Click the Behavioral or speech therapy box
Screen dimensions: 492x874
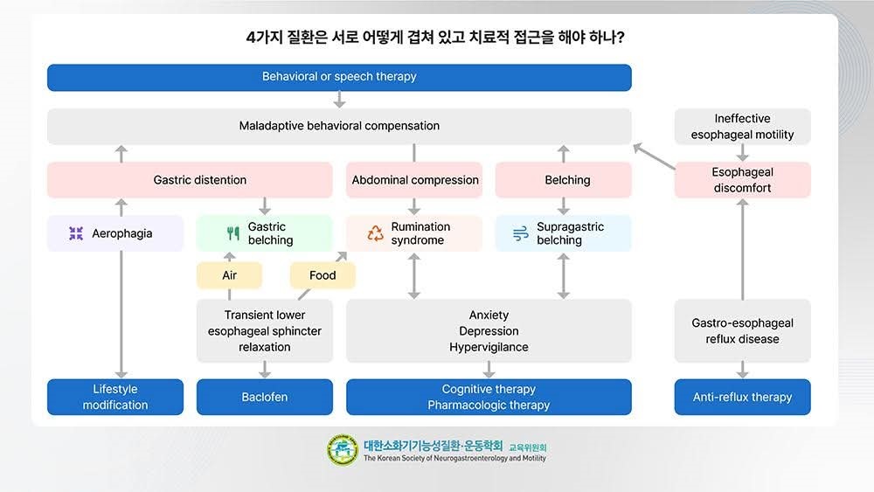tap(339, 77)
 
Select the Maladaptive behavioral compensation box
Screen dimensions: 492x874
tap(339, 126)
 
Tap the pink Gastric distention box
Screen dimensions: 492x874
tap(190, 180)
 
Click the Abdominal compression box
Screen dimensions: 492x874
tap(414, 180)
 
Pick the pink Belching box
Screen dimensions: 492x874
tap(563, 180)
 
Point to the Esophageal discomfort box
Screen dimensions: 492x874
tap(742, 180)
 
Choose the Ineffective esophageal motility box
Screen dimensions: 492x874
tap(742, 127)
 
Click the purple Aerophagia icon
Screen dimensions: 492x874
tap(76, 233)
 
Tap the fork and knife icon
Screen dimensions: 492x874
tap(232, 233)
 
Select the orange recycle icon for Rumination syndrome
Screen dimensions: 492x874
tap(375, 233)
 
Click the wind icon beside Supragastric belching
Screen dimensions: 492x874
tap(520, 233)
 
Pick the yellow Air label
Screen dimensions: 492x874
tap(229, 275)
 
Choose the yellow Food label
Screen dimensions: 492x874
tap(323, 275)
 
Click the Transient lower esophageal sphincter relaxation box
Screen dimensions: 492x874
tap(264, 331)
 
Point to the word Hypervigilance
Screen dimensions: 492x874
tap(489, 347)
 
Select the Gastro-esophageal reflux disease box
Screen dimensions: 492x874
tap(742, 331)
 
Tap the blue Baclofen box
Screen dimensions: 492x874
tap(264, 397)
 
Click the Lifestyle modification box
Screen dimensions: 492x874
tap(115, 397)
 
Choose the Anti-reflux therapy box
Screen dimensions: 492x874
tap(742, 397)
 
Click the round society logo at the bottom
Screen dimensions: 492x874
tap(343, 450)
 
